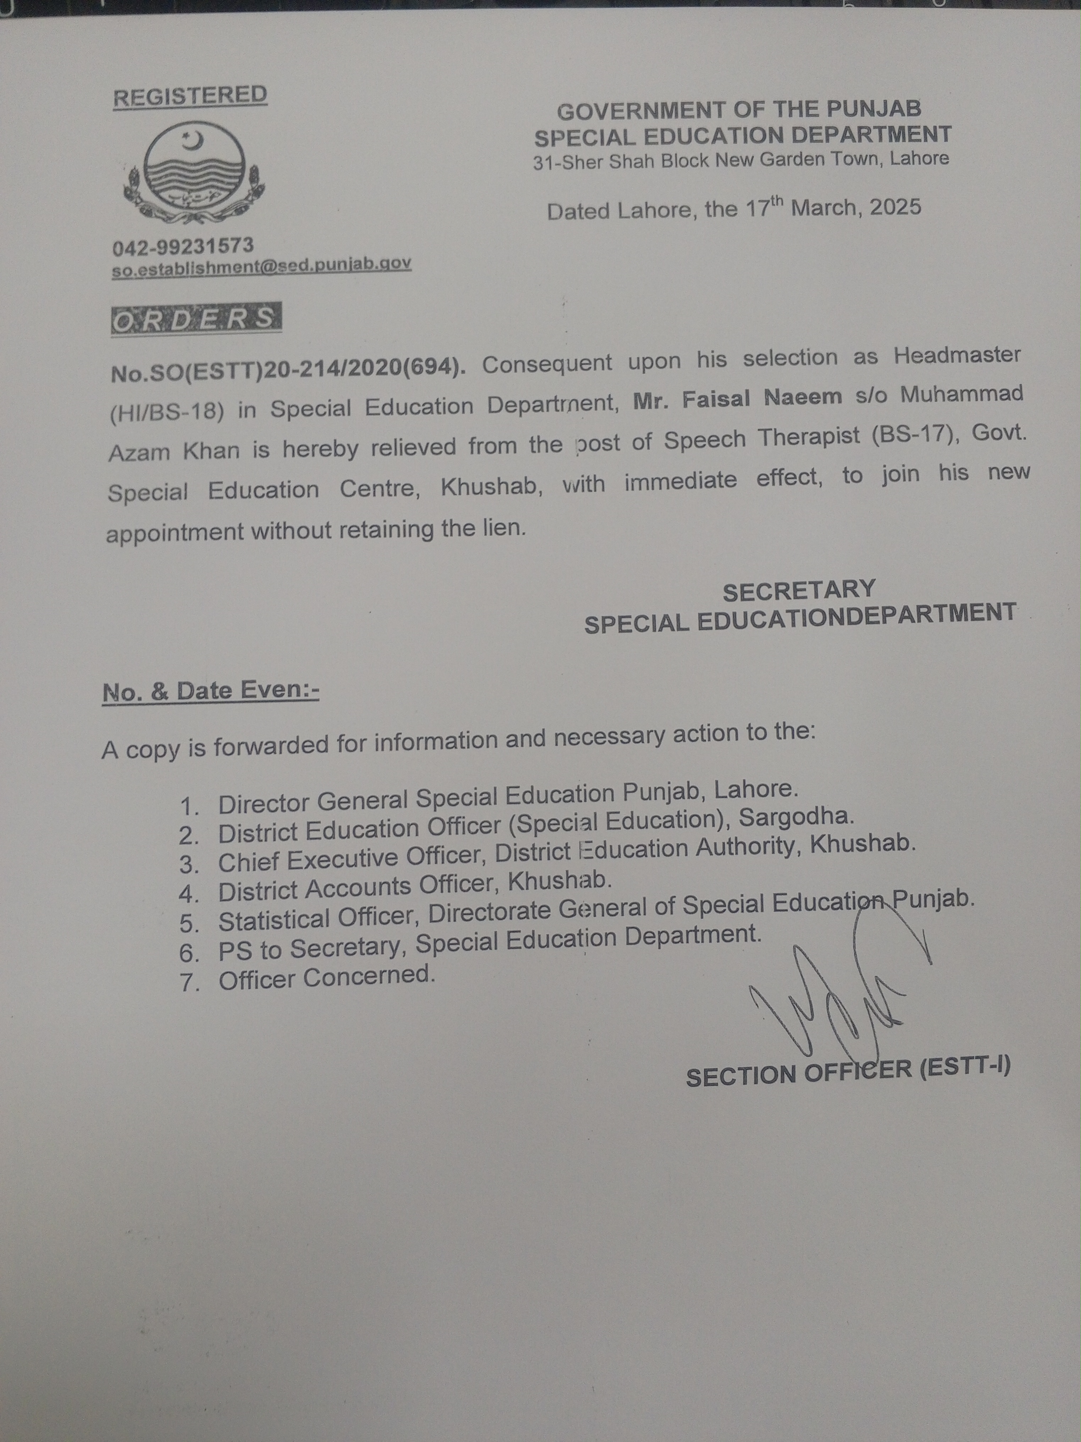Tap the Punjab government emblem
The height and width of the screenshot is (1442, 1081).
(x=194, y=175)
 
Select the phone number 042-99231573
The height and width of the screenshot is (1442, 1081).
(x=183, y=246)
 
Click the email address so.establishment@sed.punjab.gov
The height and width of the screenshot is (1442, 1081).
(x=261, y=265)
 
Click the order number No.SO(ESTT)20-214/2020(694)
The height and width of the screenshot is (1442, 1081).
(x=288, y=369)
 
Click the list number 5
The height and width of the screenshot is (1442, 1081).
(x=189, y=924)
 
